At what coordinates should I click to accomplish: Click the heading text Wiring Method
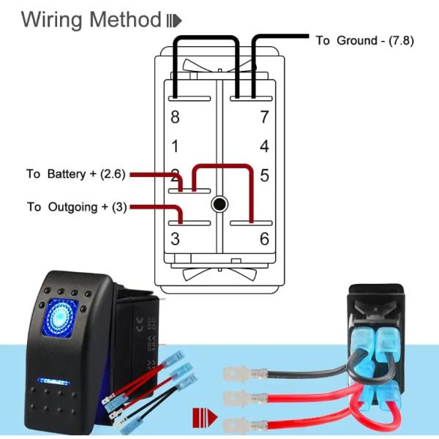tap(90, 20)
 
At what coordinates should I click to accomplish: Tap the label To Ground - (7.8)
tap(364, 40)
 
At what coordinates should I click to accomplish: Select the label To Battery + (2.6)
tap(76, 174)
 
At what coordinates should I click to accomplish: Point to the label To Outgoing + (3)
tap(76, 207)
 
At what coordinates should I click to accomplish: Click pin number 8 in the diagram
tap(175, 116)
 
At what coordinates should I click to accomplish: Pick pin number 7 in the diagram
tap(264, 116)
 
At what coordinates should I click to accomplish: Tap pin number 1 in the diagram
tap(175, 146)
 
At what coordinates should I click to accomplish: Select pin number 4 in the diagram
tap(264, 146)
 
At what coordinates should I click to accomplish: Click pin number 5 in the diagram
tap(264, 176)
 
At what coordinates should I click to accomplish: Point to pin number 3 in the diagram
tap(175, 239)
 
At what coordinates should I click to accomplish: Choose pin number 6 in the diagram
tap(264, 239)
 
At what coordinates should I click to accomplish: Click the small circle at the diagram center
tap(219, 203)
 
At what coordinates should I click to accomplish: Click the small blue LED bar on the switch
tap(52, 382)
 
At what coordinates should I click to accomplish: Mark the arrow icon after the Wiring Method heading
tap(174, 20)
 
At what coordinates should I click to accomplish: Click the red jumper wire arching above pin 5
tap(222, 167)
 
